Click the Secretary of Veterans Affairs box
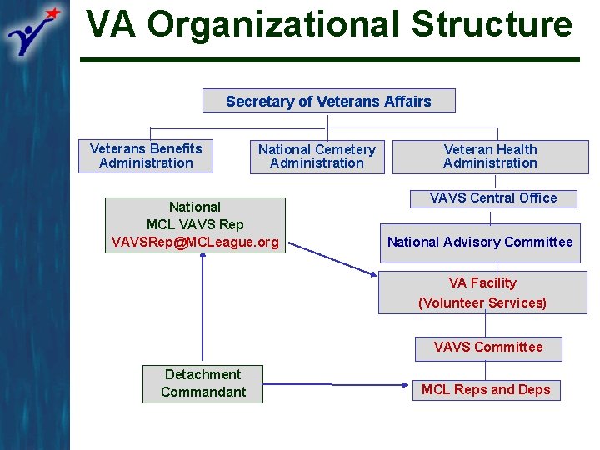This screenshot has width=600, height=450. pyautogui.click(x=328, y=102)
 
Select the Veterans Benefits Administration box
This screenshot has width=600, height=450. pyautogui.click(x=146, y=156)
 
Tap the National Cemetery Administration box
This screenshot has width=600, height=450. pyautogui.click(x=317, y=157)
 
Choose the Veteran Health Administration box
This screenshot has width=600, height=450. pyautogui.click(x=490, y=157)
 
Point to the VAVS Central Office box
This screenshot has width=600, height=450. pyautogui.click(x=492, y=198)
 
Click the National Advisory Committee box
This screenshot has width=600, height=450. pyautogui.click(x=480, y=242)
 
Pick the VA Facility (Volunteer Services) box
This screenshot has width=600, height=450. pyautogui.click(x=482, y=292)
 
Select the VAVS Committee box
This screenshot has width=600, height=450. pyautogui.click(x=488, y=347)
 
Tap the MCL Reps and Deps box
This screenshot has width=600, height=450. pyautogui.click(x=486, y=390)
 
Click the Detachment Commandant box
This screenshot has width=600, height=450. pyautogui.click(x=202, y=383)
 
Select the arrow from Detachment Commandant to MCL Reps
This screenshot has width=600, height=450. pyautogui.click(x=333, y=385)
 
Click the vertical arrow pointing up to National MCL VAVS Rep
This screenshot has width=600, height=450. pyautogui.click(x=202, y=308)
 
